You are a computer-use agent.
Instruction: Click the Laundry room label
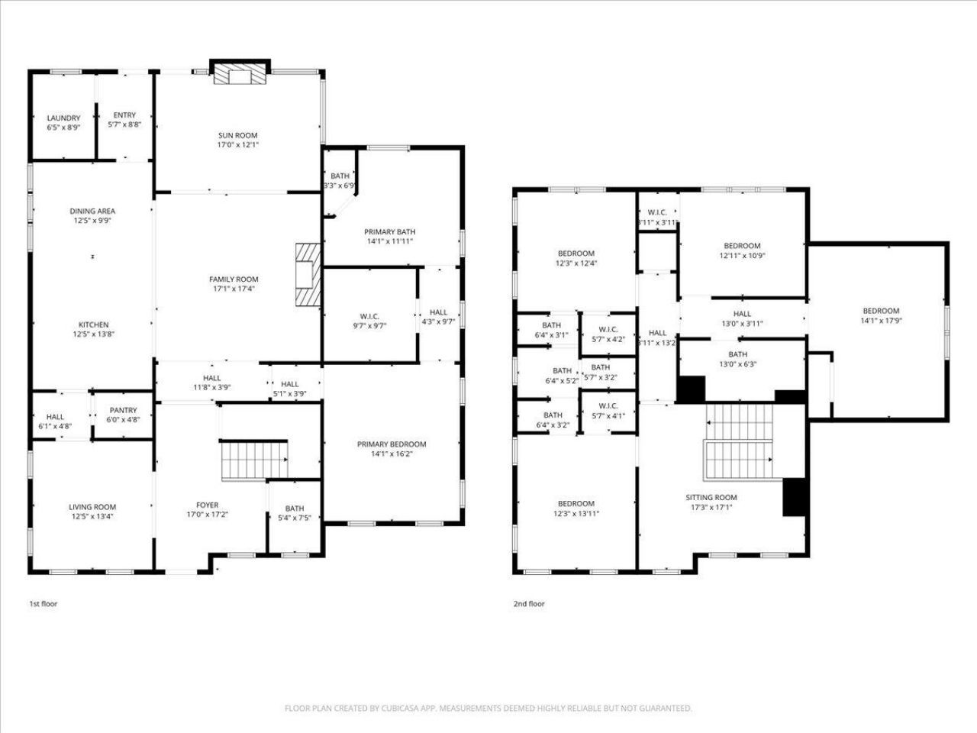tap(63, 118)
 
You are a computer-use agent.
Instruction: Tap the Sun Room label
tap(237, 135)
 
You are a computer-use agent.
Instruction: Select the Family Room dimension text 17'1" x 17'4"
tap(234, 289)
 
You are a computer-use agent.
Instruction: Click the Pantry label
tap(124, 410)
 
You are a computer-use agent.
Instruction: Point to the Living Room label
tap(92, 507)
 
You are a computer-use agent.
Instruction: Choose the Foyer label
tap(208, 505)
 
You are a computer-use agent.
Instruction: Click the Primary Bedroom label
tap(392, 444)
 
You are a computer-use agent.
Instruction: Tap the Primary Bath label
tap(390, 232)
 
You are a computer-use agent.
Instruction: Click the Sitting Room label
tap(711, 498)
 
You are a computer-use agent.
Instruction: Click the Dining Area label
tap(92, 211)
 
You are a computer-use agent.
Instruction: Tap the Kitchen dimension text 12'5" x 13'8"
tap(94, 334)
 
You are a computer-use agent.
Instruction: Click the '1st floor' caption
tap(44, 604)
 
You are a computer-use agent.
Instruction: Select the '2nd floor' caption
tap(529, 604)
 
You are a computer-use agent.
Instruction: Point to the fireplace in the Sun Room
tap(240, 72)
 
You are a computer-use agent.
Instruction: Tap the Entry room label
tap(124, 115)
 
